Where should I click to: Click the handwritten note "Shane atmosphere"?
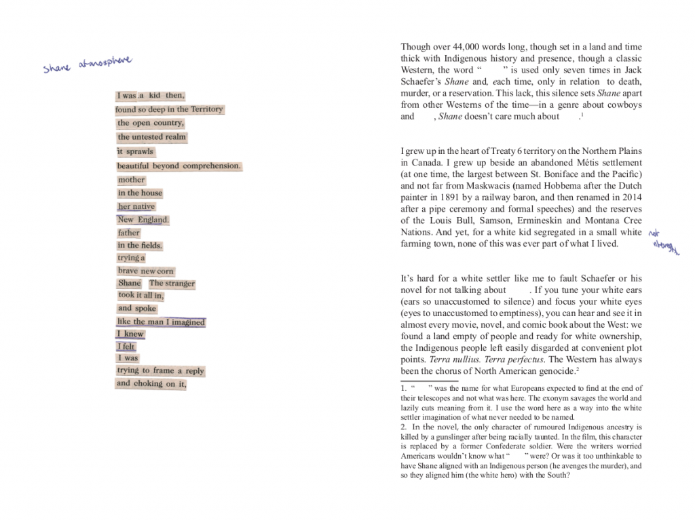point(87,65)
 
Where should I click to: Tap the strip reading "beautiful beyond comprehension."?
point(179,166)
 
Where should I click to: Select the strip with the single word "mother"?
point(131,180)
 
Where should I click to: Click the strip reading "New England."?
point(143,220)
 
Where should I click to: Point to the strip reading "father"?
point(128,233)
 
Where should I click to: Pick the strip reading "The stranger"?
point(172,283)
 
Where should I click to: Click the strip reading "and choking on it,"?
point(151,384)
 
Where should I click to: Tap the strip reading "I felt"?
point(126,347)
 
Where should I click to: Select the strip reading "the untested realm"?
point(151,137)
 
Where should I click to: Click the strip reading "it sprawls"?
point(135,151)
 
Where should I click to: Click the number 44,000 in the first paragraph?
point(468,47)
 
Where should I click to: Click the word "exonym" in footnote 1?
point(576,398)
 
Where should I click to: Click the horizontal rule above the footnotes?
point(429,381)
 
